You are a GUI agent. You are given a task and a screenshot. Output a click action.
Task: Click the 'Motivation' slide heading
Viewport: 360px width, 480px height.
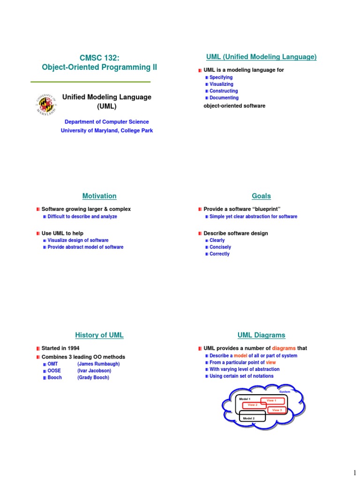click(x=99, y=196)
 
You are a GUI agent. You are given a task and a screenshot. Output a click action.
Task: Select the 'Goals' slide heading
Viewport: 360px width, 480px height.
click(x=261, y=196)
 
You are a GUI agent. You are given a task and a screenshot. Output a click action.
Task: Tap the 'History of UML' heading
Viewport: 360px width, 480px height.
click(x=99, y=335)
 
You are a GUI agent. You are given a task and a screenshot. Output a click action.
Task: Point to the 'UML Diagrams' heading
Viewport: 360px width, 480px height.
click(x=261, y=335)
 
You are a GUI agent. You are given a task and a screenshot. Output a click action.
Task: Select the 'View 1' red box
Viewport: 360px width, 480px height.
click(x=272, y=400)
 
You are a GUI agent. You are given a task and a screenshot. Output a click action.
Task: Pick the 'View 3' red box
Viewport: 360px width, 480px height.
click(x=277, y=410)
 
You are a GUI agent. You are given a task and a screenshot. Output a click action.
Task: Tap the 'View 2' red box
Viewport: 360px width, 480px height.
click(x=253, y=405)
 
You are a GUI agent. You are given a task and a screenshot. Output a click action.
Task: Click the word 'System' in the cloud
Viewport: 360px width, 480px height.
click(x=285, y=391)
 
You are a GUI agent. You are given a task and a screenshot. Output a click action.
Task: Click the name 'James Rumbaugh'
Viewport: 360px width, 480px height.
click(x=98, y=364)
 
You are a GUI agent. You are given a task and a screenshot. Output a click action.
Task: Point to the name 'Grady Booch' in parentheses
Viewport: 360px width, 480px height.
click(x=93, y=377)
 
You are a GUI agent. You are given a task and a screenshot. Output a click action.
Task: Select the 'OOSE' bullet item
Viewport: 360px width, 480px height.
click(x=55, y=371)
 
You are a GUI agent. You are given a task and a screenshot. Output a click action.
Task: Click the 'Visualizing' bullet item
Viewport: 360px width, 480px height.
click(x=221, y=84)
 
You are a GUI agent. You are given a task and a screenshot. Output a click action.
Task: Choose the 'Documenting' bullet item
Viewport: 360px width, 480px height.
click(x=224, y=98)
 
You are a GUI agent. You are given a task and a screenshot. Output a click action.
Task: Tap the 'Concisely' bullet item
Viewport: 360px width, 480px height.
click(x=220, y=247)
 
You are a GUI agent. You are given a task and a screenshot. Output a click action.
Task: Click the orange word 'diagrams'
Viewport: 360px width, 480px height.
click(x=284, y=348)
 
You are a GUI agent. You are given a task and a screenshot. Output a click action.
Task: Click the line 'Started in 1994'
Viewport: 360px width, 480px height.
click(x=60, y=348)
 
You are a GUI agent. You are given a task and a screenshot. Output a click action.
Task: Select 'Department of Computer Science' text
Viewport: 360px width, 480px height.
click(x=106, y=122)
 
